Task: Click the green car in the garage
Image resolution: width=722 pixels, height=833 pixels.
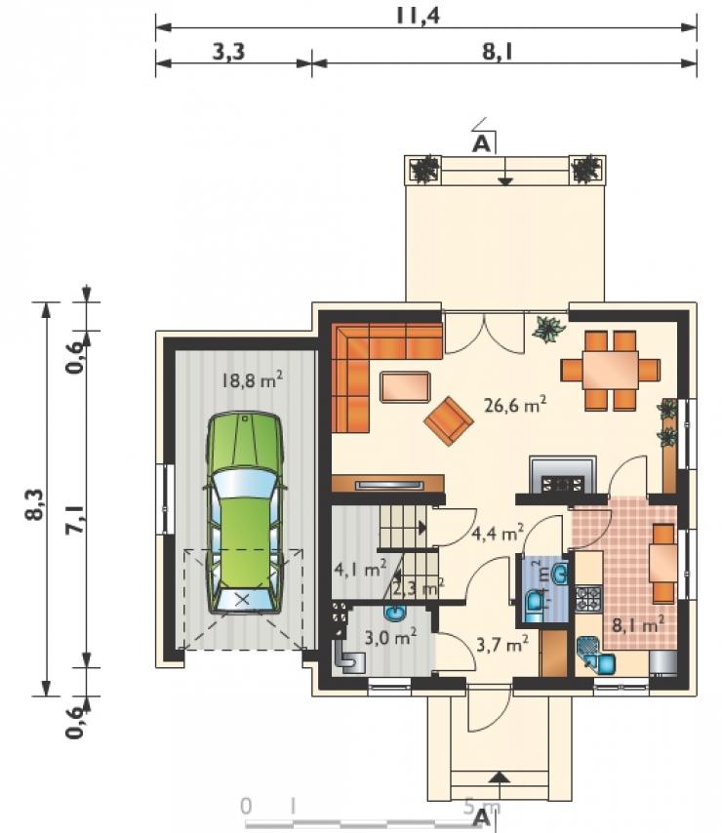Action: click(x=244, y=513)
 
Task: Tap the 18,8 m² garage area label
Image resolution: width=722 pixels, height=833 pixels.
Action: click(x=252, y=380)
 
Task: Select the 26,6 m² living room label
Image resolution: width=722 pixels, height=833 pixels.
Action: click(x=515, y=405)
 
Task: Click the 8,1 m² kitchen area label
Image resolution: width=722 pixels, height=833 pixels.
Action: click(x=638, y=623)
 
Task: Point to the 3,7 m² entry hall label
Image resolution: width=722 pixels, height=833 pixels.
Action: click(x=502, y=645)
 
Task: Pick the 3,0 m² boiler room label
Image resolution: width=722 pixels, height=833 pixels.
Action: click(x=390, y=636)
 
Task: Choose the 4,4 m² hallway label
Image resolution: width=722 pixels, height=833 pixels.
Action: click(x=499, y=533)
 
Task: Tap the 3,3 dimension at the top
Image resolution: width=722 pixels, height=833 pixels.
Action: click(x=229, y=52)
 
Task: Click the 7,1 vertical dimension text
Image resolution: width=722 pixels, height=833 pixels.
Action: click(x=74, y=518)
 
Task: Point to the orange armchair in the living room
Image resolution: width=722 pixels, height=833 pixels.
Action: click(x=449, y=420)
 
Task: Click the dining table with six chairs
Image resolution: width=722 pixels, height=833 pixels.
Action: click(x=611, y=371)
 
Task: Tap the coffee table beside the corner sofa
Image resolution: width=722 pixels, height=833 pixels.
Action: click(x=405, y=387)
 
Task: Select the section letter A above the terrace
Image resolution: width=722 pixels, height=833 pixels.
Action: click(x=481, y=143)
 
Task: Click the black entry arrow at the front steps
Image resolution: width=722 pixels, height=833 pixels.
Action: click(x=498, y=777)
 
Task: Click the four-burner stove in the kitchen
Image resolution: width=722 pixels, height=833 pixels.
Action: click(x=588, y=599)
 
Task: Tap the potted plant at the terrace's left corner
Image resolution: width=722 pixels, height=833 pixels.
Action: click(x=423, y=170)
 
